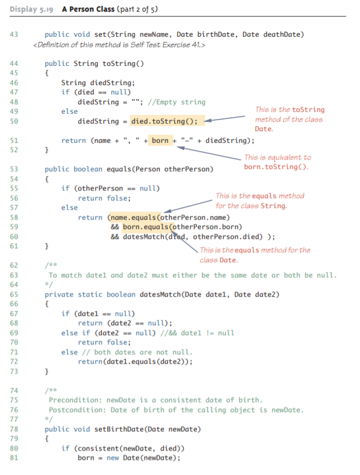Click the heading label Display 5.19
[31, 9]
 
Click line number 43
[14, 34]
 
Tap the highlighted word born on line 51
[160, 140]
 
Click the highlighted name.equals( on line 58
[135, 217]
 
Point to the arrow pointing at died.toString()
[225, 118]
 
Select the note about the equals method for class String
[260, 200]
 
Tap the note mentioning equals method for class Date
[255, 255]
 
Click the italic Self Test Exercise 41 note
[119, 45]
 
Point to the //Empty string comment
[177, 102]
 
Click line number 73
[14, 371]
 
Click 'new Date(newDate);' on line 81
[143, 458]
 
